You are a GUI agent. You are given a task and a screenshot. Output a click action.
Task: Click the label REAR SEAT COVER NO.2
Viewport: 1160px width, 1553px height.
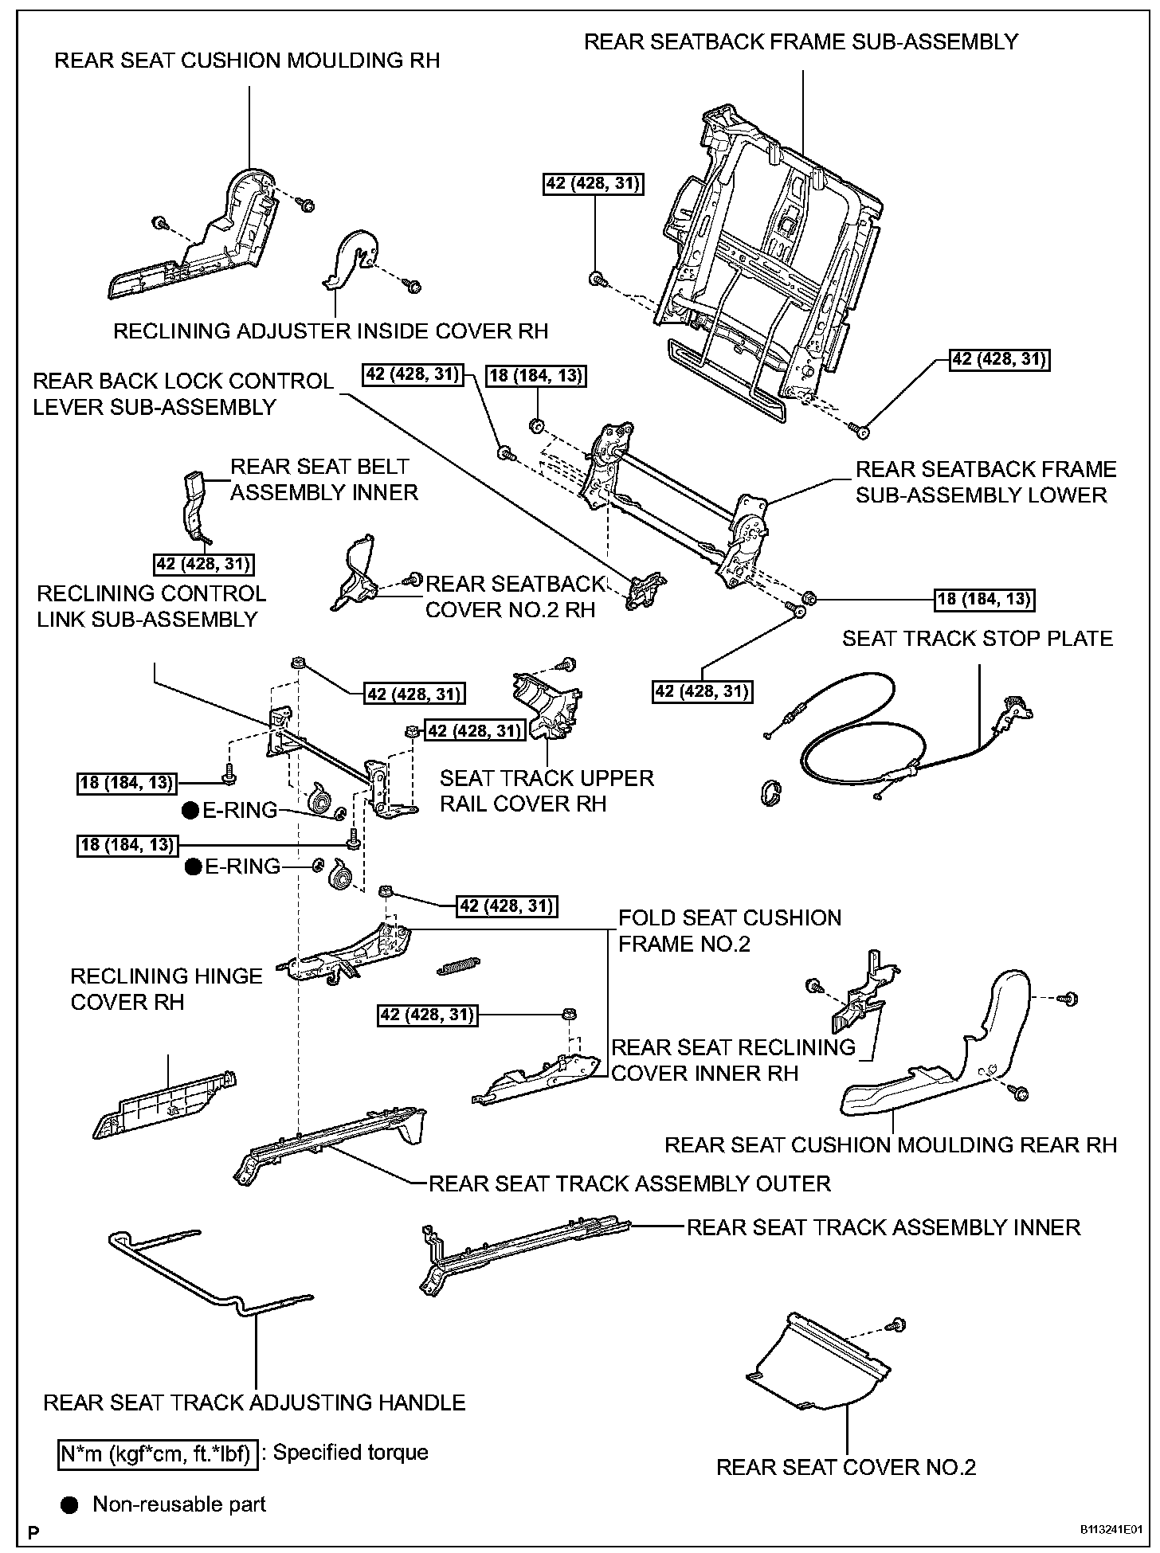coord(845,1466)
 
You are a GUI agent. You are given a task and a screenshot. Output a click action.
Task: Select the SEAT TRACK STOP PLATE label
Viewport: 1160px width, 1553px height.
coord(978,638)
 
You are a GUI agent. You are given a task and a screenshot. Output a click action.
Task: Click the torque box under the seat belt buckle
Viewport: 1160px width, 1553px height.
coord(203,565)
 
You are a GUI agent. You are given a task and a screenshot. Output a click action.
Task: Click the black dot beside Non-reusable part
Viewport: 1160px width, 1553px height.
coord(71,1504)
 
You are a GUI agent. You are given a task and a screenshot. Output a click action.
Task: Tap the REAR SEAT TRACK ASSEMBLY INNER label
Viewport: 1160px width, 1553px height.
coord(883,1227)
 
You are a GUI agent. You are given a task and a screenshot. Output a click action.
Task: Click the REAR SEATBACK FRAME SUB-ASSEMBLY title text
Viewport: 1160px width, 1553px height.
coord(801,41)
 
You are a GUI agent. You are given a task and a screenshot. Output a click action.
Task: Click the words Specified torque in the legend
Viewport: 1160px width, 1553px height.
coord(351,1453)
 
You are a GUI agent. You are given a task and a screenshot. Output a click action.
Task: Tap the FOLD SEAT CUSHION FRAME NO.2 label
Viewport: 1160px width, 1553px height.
coord(729,930)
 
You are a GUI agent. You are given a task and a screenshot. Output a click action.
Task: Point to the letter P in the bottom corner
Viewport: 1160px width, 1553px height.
coord(33,1531)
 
